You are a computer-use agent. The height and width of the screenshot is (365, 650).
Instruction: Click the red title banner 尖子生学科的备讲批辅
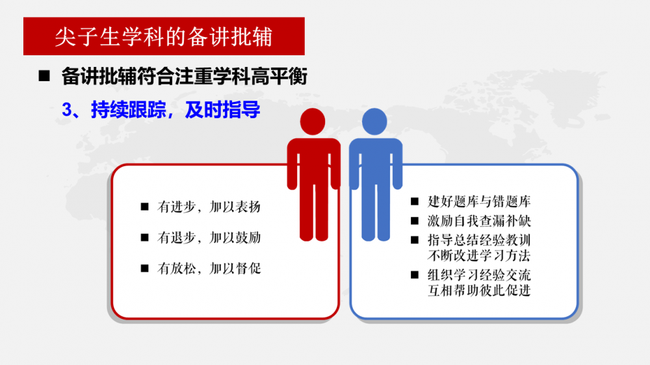click(x=164, y=36)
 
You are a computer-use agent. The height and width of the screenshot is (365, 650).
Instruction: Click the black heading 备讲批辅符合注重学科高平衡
click(x=184, y=76)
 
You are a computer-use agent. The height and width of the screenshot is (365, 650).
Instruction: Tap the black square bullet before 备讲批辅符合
click(x=44, y=76)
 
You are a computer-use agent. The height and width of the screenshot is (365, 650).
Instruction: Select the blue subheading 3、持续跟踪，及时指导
click(x=161, y=110)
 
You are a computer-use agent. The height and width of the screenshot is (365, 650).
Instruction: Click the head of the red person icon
click(x=313, y=121)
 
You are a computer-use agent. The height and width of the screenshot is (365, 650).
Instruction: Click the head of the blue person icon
click(x=374, y=121)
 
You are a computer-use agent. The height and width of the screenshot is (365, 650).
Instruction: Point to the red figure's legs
click(x=314, y=211)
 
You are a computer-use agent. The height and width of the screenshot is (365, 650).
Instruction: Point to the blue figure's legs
click(x=376, y=211)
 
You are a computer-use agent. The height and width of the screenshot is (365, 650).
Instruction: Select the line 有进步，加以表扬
click(x=209, y=207)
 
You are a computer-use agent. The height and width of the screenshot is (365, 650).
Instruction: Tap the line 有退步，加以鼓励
click(x=209, y=238)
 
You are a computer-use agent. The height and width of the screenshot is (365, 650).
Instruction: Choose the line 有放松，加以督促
click(x=209, y=268)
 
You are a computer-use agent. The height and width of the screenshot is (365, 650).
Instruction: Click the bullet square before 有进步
click(x=145, y=207)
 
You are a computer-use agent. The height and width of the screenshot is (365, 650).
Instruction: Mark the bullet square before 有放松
click(x=145, y=268)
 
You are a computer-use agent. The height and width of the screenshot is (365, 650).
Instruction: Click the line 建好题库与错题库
click(x=479, y=201)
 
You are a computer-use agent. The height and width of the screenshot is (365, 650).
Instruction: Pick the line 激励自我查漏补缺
click(x=479, y=221)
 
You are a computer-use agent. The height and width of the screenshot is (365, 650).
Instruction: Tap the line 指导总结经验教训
click(x=479, y=240)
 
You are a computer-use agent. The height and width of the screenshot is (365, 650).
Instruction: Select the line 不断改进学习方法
click(x=479, y=256)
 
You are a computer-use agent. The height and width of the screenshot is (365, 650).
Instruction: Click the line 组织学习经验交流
click(x=479, y=275)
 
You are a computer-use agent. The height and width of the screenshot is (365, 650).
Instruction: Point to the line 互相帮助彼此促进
click(x=479, y=290)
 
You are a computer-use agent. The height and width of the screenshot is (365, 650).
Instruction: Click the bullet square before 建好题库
click(x=415, y=201)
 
